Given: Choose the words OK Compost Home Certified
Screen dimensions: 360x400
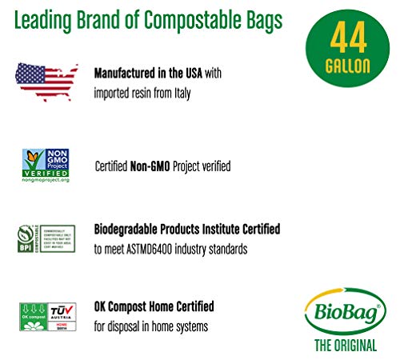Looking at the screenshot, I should pyautogui.click(x=154, y=306).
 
